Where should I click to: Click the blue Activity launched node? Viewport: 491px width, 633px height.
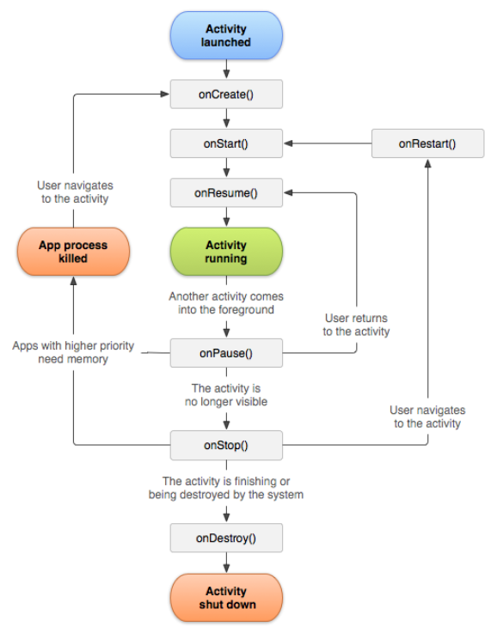pyautogui.click(x=226, y=35)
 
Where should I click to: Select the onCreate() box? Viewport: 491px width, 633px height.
pyautogui.click(x=226, y=94)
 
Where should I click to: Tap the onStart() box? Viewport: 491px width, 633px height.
pyautogui.click(x=226, y=143)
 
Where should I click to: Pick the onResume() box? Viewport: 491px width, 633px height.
pyautogui.click(x=226, y=193)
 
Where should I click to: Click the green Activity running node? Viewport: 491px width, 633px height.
pyautogui.click(x=226, y=251)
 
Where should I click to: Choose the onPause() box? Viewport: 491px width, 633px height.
pyautogui.click(x=226, y=352)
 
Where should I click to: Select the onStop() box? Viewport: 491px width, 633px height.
pyautogui.click(x=226, y=445)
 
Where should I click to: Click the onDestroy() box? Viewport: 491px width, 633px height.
pyautogui.click(x=226, y=539)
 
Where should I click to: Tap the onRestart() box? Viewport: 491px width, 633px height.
pyautogui.click(x=427, y=143)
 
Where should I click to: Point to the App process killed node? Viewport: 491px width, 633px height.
pyautogui.click(x=73, y=251)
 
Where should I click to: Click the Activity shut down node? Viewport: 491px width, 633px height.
pyautogui.click(x=226, y=598)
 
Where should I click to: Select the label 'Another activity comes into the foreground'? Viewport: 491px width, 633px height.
pyautogui.click(x=226, y=302)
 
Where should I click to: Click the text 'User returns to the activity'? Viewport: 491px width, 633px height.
pyautogui.click(x=356, y=325)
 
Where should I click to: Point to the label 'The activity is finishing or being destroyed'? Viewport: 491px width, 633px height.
pyautogui.click(x=226, y=488)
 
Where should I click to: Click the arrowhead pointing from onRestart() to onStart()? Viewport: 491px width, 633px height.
pyautogui.click(x=290, y=143)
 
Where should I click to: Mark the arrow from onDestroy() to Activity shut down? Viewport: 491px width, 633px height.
pyautogui.click(x=226, y=563)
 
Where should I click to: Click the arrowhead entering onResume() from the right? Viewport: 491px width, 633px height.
pyautogui.click(x=290, y=193)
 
